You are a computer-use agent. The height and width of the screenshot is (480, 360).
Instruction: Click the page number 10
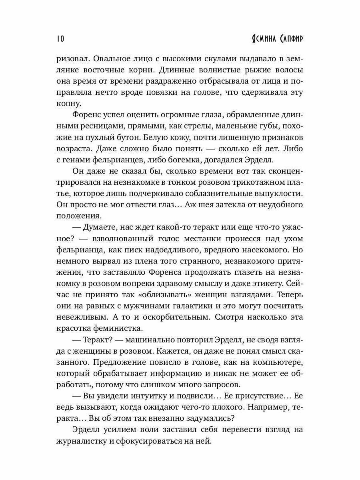coord(60,39)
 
